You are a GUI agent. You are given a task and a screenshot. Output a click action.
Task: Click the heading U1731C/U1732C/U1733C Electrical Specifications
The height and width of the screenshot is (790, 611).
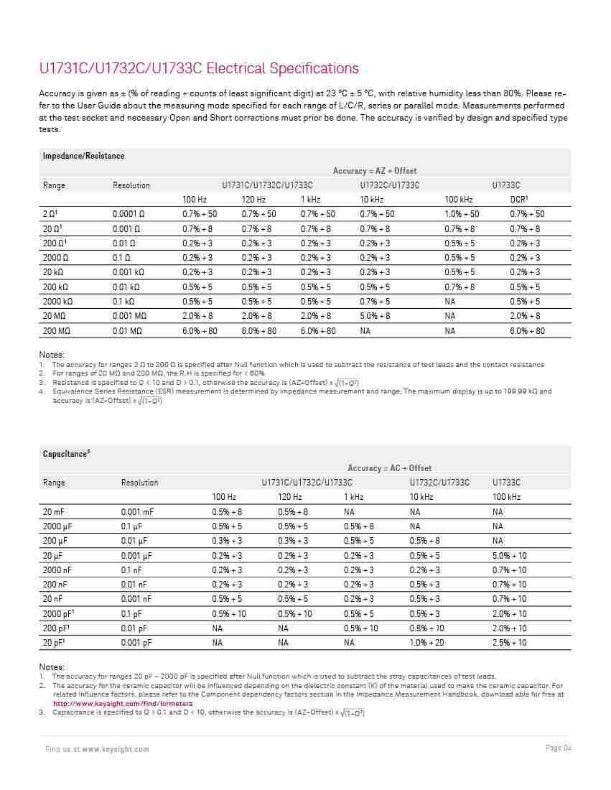(x=199, y=69)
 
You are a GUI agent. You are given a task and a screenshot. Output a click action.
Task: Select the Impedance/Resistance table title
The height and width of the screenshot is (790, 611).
(x=83, y=156)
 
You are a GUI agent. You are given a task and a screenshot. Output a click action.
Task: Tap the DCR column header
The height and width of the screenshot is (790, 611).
(x=519, y=199)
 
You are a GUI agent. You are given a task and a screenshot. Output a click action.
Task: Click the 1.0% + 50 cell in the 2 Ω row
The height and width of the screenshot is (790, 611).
(x=462, y=214)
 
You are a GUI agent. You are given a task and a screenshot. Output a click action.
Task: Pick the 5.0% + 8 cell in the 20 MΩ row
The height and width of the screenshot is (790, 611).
(x=376, y=316)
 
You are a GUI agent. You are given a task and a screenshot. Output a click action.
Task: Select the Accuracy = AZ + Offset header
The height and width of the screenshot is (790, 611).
(x=375, y=171)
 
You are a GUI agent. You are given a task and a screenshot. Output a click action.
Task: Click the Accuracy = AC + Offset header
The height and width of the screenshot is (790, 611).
(x=390, y=468)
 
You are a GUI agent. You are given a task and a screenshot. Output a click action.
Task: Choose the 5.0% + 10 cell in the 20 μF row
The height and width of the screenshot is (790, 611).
(x=509, y=555)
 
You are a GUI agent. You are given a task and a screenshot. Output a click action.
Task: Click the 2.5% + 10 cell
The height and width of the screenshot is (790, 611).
(x=509, y=642)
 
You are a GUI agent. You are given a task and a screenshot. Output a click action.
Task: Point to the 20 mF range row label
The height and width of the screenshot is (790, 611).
(x=53, y=512)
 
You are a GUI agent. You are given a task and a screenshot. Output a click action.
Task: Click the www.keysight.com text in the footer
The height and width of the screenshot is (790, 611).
(x=116, y=749)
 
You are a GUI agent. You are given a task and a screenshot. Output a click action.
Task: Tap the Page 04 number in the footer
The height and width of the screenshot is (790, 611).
(x=558, y=748)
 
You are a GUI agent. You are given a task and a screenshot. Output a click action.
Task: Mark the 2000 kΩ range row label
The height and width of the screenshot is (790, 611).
(x=57, y=302)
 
